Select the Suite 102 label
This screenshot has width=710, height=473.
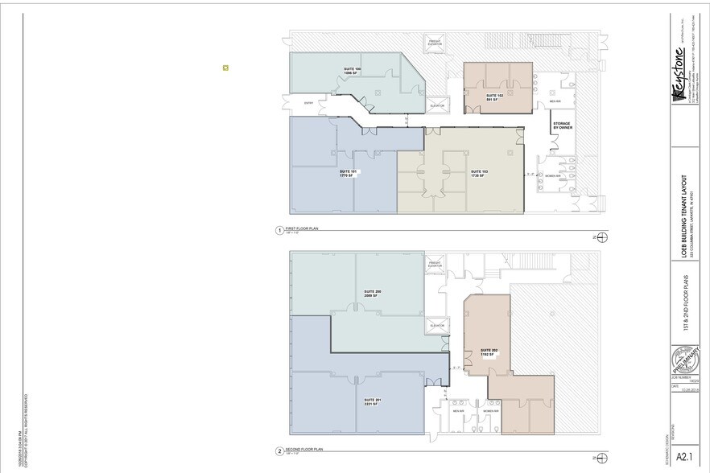point(494,97)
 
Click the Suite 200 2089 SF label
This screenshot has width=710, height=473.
point(372,293)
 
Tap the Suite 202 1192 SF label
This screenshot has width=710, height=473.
point(489,352)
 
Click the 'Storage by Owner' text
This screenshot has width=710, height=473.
point(562,125)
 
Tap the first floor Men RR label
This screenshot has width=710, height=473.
point(555,101)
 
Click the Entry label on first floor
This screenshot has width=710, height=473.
point(308,103)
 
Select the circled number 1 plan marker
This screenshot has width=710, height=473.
point(279,230)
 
